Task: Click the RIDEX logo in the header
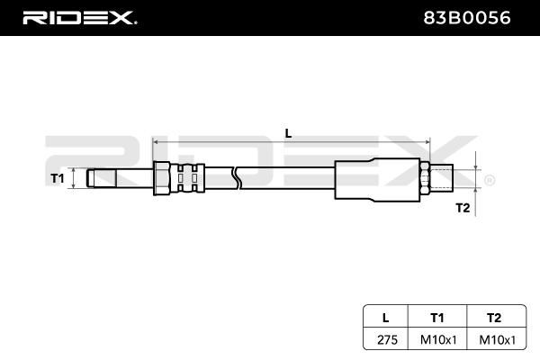[80, 18]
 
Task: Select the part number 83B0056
[466, 18]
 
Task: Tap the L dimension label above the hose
[288, 133]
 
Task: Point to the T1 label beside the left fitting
[58, 178]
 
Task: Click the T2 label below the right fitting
[463, 208]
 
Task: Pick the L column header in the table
[386, 318]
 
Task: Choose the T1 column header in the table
[437, 318]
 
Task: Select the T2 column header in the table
[494, 318]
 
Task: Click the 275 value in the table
[387, 339]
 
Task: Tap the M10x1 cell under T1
[438, 339]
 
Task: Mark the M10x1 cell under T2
[498, 339]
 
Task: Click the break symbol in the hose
[237, 178]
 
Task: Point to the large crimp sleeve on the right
[377, 179]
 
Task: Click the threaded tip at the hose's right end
[442, 178]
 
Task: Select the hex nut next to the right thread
[425, 178]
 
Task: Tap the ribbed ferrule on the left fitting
[188, 178]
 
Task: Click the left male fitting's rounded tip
[91, 178]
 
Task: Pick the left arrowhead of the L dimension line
[155, 141]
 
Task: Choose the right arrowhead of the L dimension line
[427, 141]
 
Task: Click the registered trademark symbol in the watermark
[490, 181]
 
